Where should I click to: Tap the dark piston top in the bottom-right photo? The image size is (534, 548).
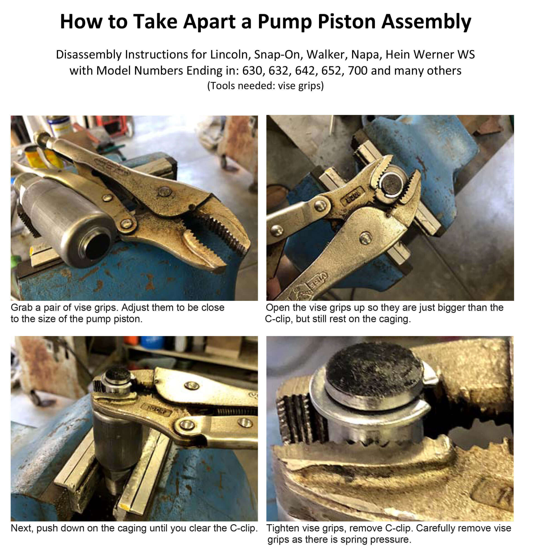pyautogui.click(x=374, y=364)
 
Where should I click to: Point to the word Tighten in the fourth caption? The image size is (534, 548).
pyautogui.click(x=284, y=528)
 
